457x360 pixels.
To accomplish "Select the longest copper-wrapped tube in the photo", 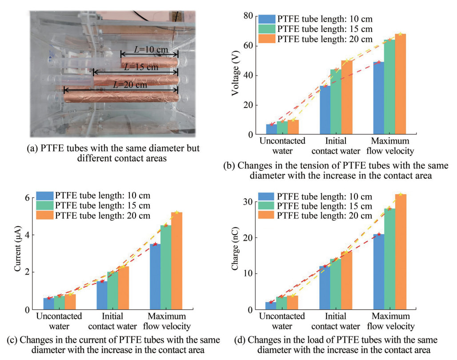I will pyautogui.click(x=121, y=96).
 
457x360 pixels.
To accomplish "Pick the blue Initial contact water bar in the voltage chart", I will pyautogui.click(x=325, y=110).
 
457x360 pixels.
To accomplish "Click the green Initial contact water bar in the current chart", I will pyautogui.click(x=112, y=291).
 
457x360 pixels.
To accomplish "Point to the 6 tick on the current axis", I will pyautogui.click(x=28, y=198).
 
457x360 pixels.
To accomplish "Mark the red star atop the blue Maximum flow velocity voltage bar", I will pyautogui.click(x=379, y=62).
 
